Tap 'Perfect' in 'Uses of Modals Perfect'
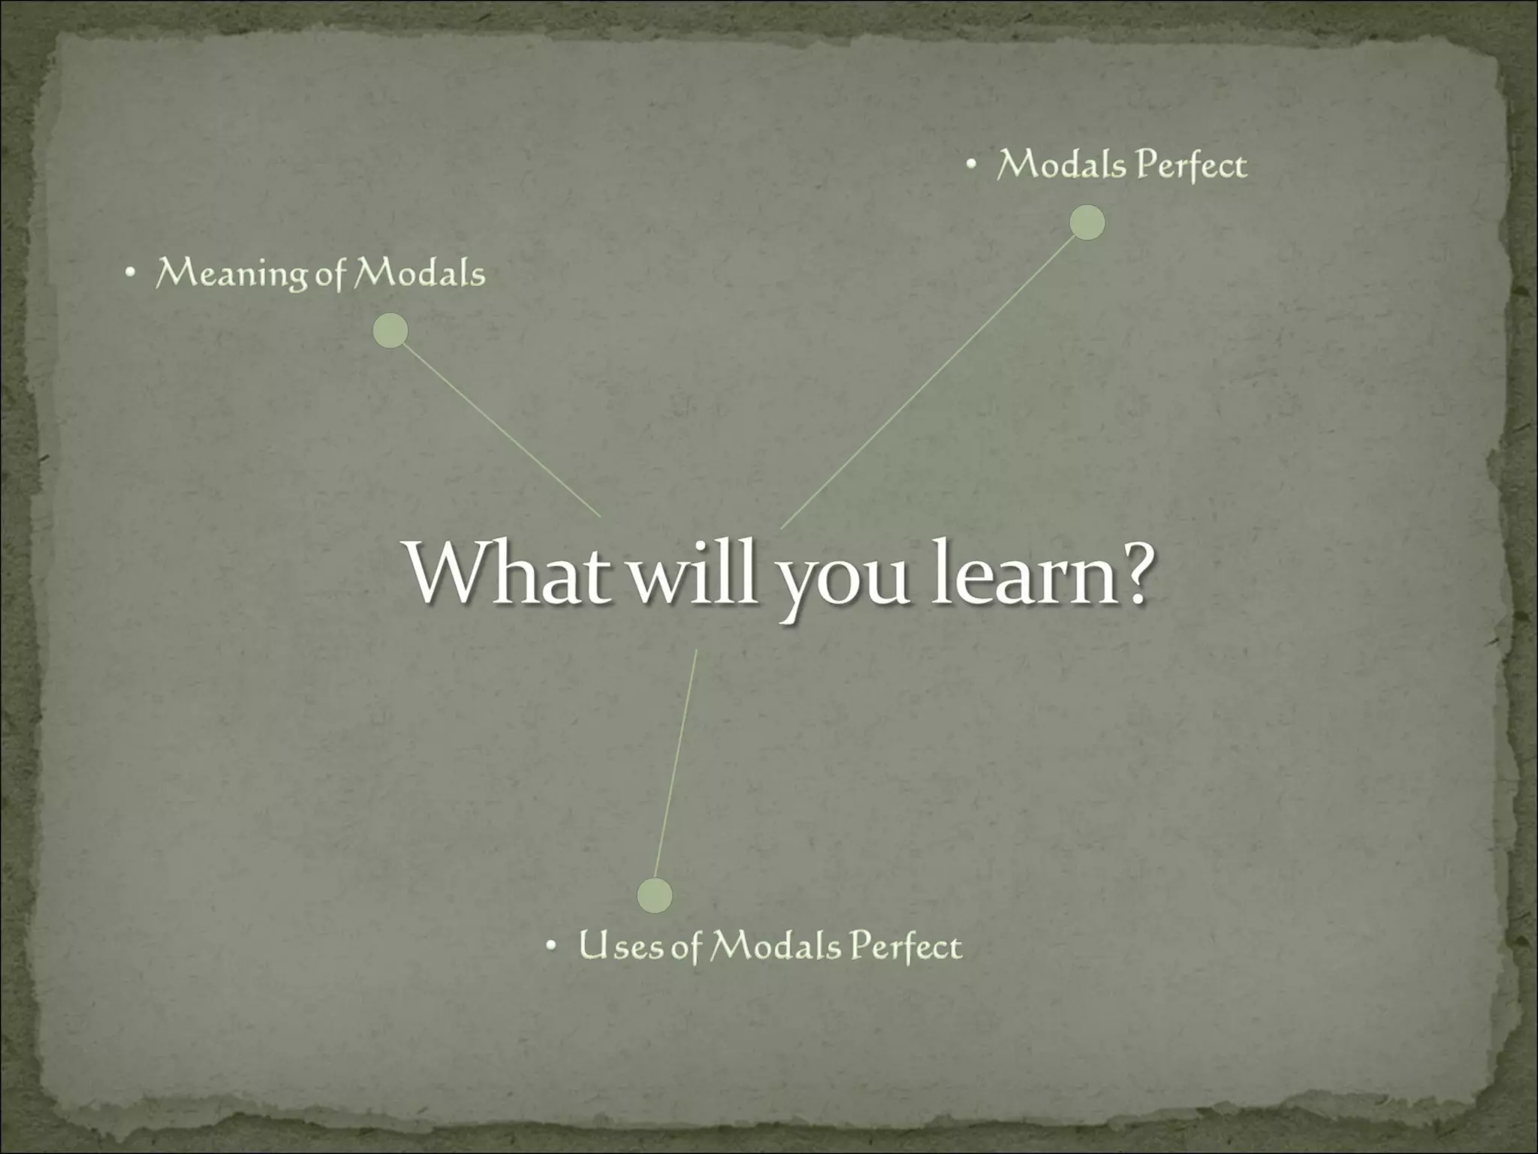[906, 947]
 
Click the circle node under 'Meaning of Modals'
[391, 331]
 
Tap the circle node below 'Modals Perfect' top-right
[1087, 222]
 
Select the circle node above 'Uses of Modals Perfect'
[654, 895]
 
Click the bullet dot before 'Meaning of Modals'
[130, 276]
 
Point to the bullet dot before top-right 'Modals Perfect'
[971, 168]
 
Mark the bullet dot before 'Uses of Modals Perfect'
[551, 947]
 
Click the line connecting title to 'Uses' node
[676, 763]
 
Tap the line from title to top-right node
[931, 376]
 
